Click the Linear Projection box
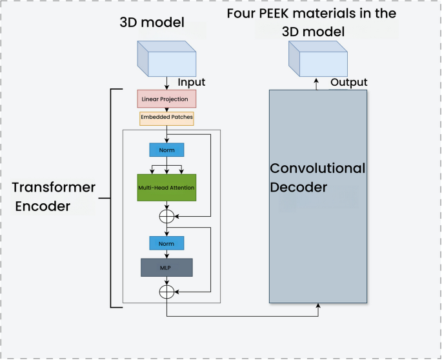click(166, 99)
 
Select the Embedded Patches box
click(166, 118)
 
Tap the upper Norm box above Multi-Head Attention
click(166, 149)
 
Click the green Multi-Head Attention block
click(166, 187)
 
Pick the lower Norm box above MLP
click(166, 243)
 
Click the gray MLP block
click(166, 267)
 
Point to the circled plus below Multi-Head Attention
click(166, 216)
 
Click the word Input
click(192, 82)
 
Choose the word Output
click(348, 82)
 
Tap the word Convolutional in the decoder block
click(317, 168)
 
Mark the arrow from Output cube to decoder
click(317, 84)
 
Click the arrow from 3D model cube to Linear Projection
click(166, 83)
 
